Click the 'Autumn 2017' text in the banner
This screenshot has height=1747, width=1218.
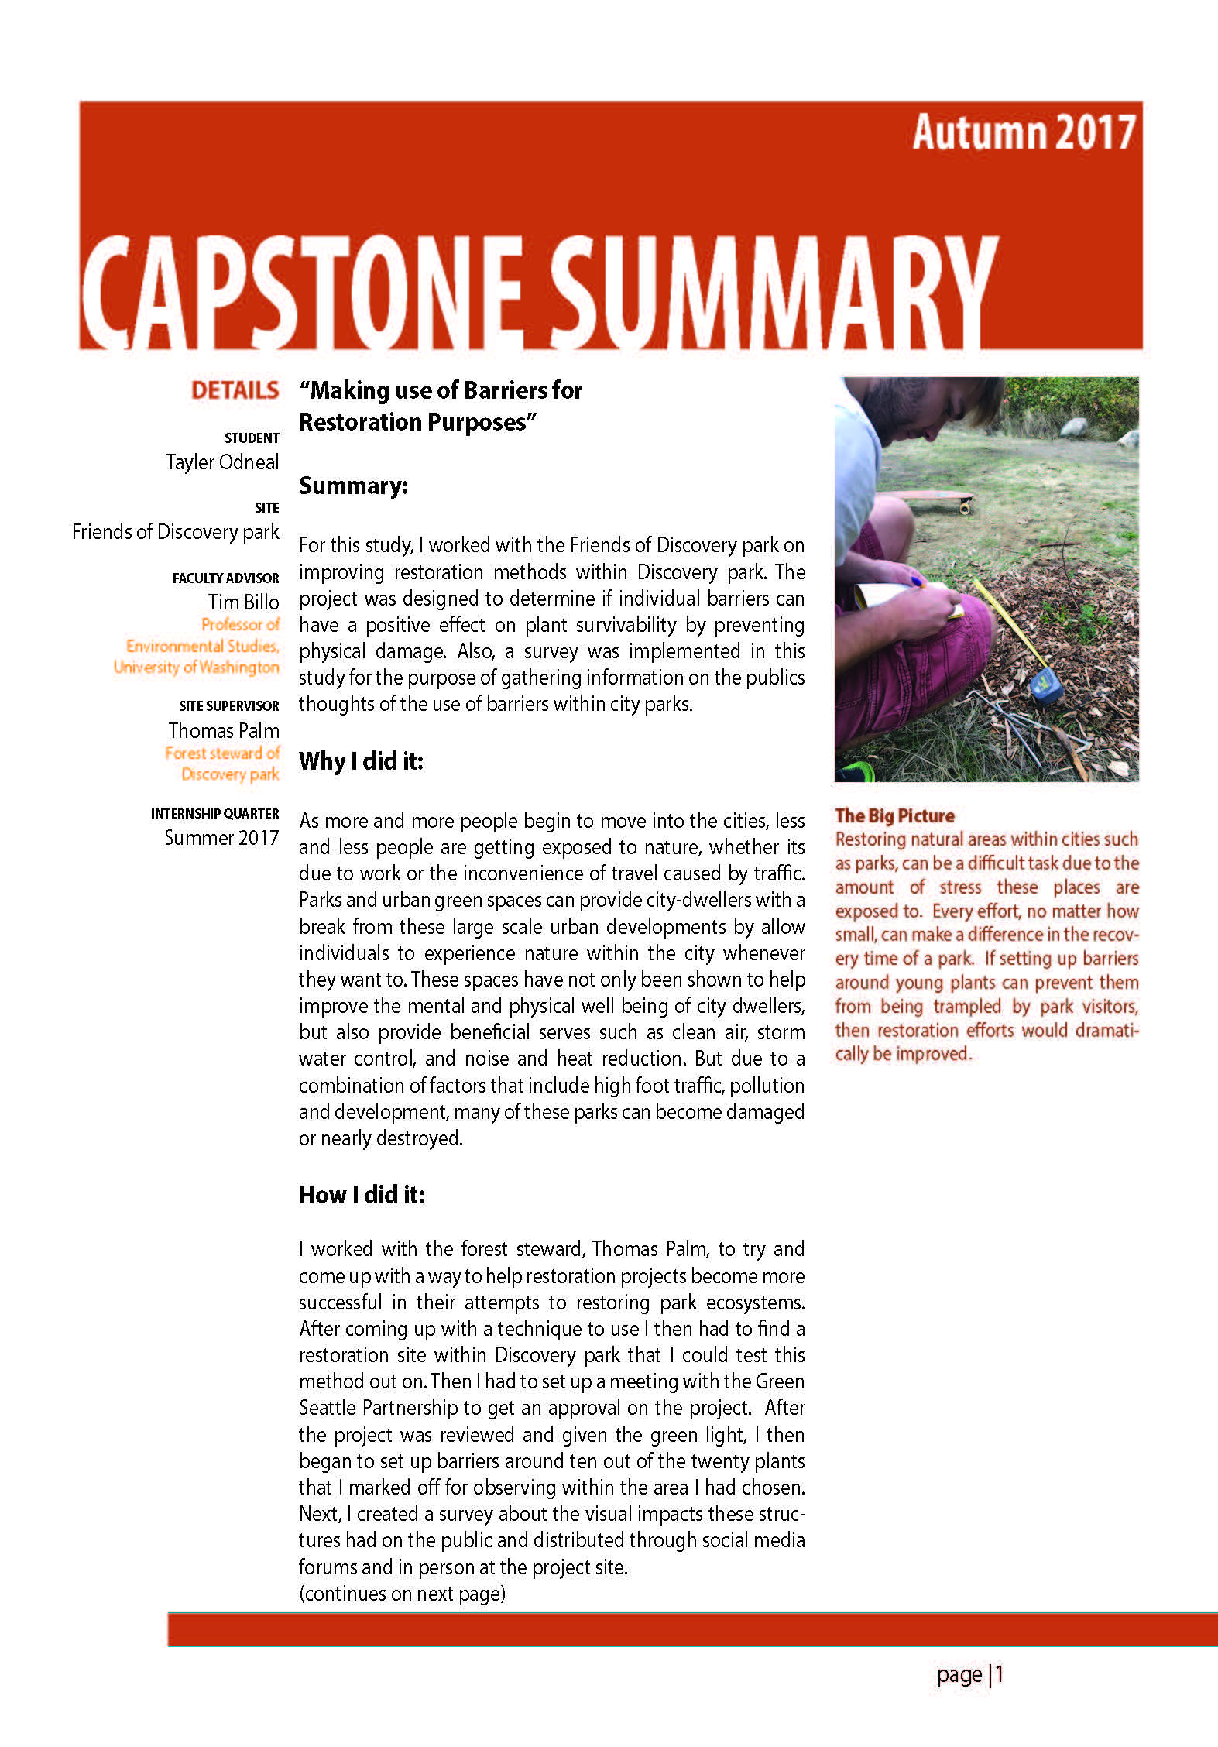pos(1023,132)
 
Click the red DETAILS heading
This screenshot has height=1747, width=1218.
pos(235,390)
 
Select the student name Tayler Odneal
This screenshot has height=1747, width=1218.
pos(222,462)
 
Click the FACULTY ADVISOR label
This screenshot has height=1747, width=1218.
pos(225,578)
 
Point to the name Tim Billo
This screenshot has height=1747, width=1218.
pos(243,602)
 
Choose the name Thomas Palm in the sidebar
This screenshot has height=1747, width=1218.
pos(224,730)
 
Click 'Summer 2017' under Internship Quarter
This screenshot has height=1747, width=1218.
pos(221,837)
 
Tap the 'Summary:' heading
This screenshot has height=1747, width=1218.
pos(353,486)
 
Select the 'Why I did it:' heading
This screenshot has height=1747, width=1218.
pos(361,760)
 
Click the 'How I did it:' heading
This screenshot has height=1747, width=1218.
pos(362,1194)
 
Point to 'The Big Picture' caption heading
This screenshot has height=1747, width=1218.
pos(894,815)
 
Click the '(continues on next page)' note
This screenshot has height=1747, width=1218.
pos(402,1593)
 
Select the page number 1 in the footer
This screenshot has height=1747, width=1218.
pos(1000,1674)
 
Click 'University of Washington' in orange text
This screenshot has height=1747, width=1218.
pos(196,667)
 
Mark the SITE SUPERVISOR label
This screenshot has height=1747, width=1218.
pos(228,705)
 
